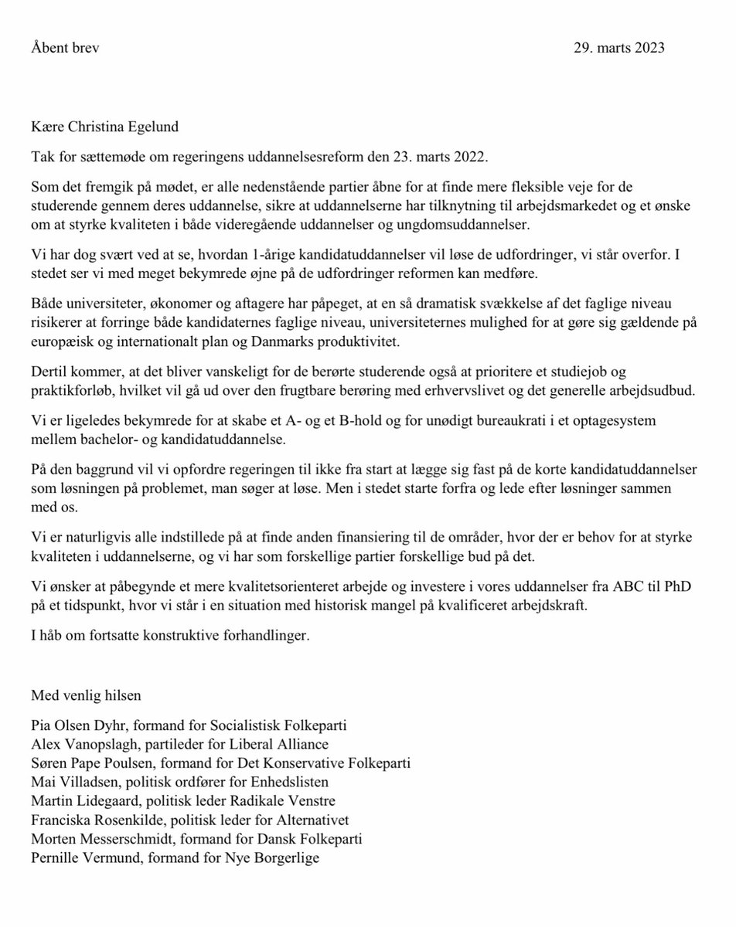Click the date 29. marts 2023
[x=618, y=48]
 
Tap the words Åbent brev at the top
[x=66, y=48]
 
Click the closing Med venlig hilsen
[x=86, y=695]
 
